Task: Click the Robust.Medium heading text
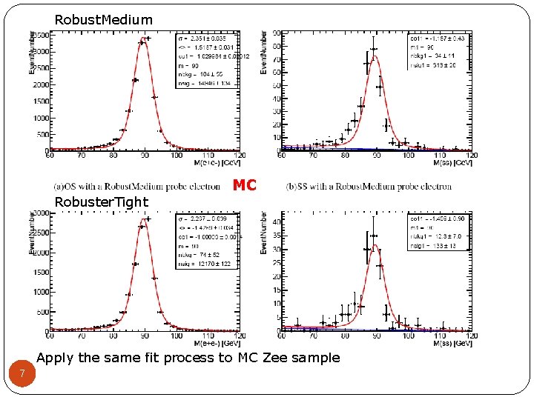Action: tap(104, 20)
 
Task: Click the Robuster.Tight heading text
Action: tap(102, 202)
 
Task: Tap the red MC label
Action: tap(244, 185)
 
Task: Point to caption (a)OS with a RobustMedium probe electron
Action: tap(139, 187)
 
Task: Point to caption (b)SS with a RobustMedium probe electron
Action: tap(369, 187)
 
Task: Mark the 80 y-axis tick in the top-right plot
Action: tap(276, 47)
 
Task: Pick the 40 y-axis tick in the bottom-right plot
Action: tap(275, 221)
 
